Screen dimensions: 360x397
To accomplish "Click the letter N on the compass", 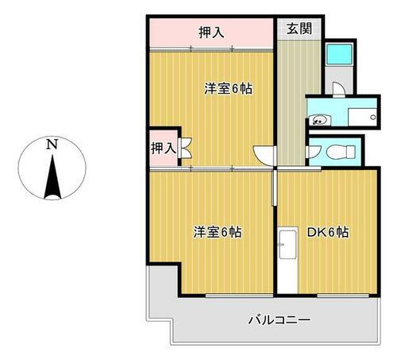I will click(x=52, y=144).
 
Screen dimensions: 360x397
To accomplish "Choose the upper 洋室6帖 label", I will click(x=229, y=89).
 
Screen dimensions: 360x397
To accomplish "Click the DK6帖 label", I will click(x=328, y=232).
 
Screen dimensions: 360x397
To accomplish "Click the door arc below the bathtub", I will click(x=337, y=87).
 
